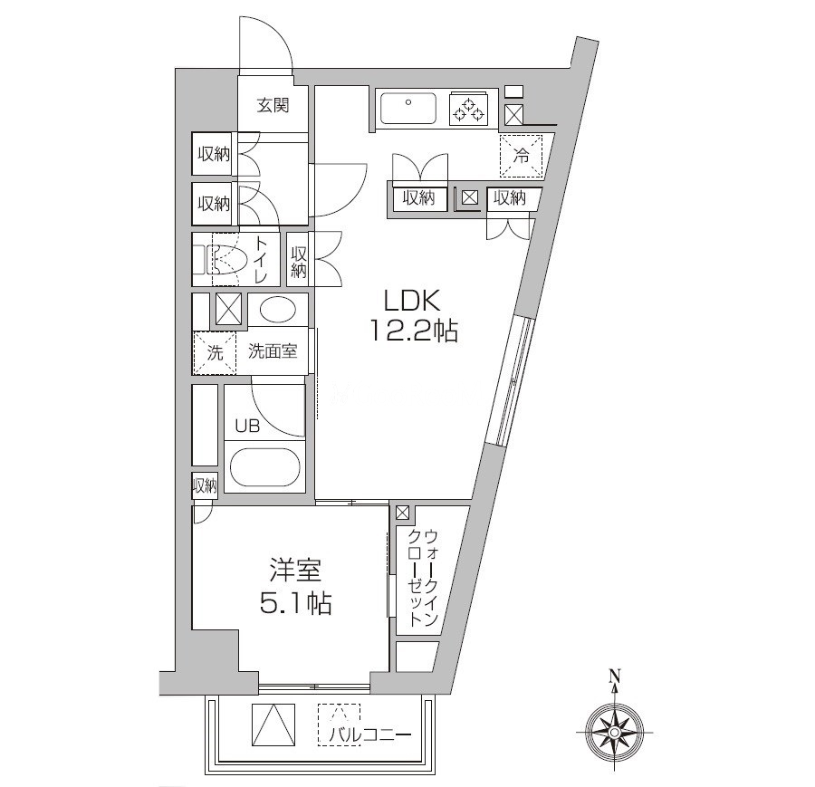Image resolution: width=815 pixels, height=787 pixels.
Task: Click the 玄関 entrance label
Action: tap(273, 106)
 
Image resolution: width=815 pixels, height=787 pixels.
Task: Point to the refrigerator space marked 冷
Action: tap(522, 156)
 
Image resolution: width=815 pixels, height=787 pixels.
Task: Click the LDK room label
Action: tap(412, 301)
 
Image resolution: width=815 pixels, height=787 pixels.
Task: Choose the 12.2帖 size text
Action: tap(412, 332)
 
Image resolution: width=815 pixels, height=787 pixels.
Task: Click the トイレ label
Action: tap(261, 260)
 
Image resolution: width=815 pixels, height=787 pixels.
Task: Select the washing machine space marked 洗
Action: tap(214, 353)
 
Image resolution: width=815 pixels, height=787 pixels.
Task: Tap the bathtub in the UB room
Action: tap(264, 468)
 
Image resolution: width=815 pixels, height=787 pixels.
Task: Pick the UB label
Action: tap(247, 426)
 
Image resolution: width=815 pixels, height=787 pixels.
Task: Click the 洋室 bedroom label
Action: tap(294, 571)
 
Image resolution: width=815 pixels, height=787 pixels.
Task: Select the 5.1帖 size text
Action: tap(294, 603)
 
